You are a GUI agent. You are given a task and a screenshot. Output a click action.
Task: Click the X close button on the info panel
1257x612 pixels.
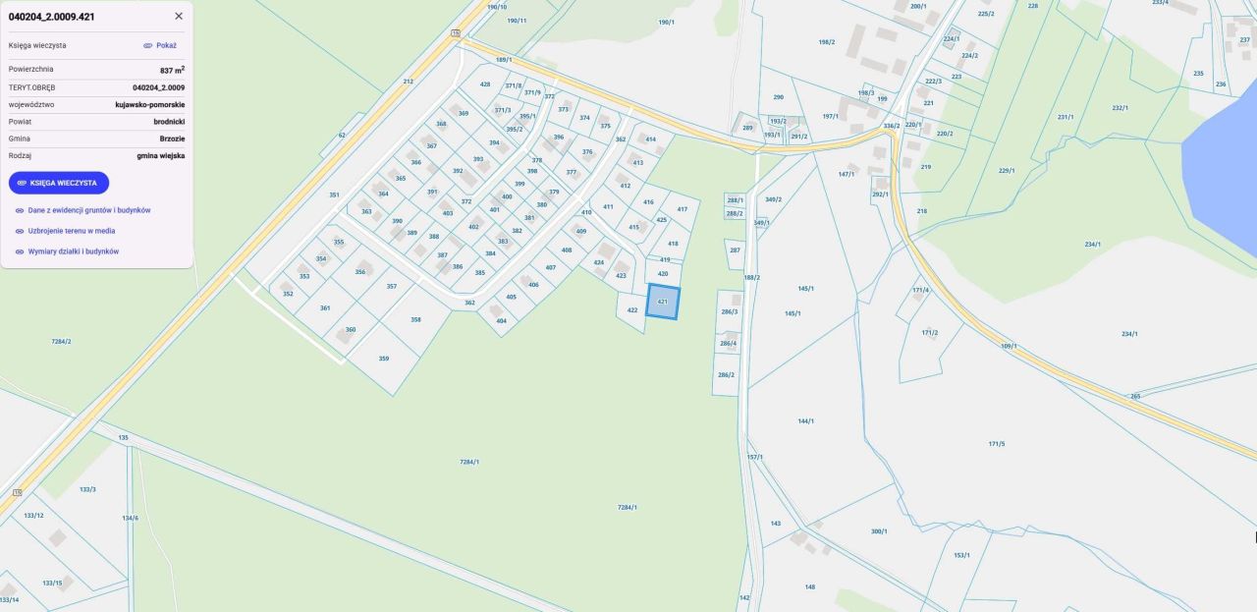[179, 16]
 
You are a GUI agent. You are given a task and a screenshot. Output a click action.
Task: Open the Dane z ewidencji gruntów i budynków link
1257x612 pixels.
[88, 210]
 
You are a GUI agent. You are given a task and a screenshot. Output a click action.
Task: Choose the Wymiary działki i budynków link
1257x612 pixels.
[73, 251]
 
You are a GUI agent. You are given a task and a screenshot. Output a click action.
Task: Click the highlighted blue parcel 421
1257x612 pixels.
[663, 302]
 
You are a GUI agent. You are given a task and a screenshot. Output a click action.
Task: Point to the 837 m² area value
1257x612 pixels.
[172, 70]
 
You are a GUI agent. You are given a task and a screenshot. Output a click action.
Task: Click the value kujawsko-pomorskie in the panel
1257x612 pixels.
[149, 104]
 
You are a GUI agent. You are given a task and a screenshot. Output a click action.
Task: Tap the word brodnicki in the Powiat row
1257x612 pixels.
[169, 122]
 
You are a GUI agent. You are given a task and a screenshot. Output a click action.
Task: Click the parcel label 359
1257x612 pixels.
[384, 359]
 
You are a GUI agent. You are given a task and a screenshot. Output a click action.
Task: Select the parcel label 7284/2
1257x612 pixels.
[61, 341]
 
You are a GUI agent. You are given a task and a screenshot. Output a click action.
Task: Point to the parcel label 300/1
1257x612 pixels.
[878, 531]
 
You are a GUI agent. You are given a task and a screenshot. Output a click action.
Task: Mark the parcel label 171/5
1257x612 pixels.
[996, 444]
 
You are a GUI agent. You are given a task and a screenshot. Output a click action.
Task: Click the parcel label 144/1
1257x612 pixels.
[805, 420]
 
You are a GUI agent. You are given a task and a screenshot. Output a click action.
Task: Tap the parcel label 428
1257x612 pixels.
[485, 84]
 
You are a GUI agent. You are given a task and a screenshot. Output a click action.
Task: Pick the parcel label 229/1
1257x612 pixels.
[1007, 171]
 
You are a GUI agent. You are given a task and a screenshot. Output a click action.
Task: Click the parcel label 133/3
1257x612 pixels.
[87, 489]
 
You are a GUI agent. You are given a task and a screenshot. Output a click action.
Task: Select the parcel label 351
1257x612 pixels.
[334, 195]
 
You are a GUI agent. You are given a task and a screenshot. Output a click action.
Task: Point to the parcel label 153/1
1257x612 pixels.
[960, 555]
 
